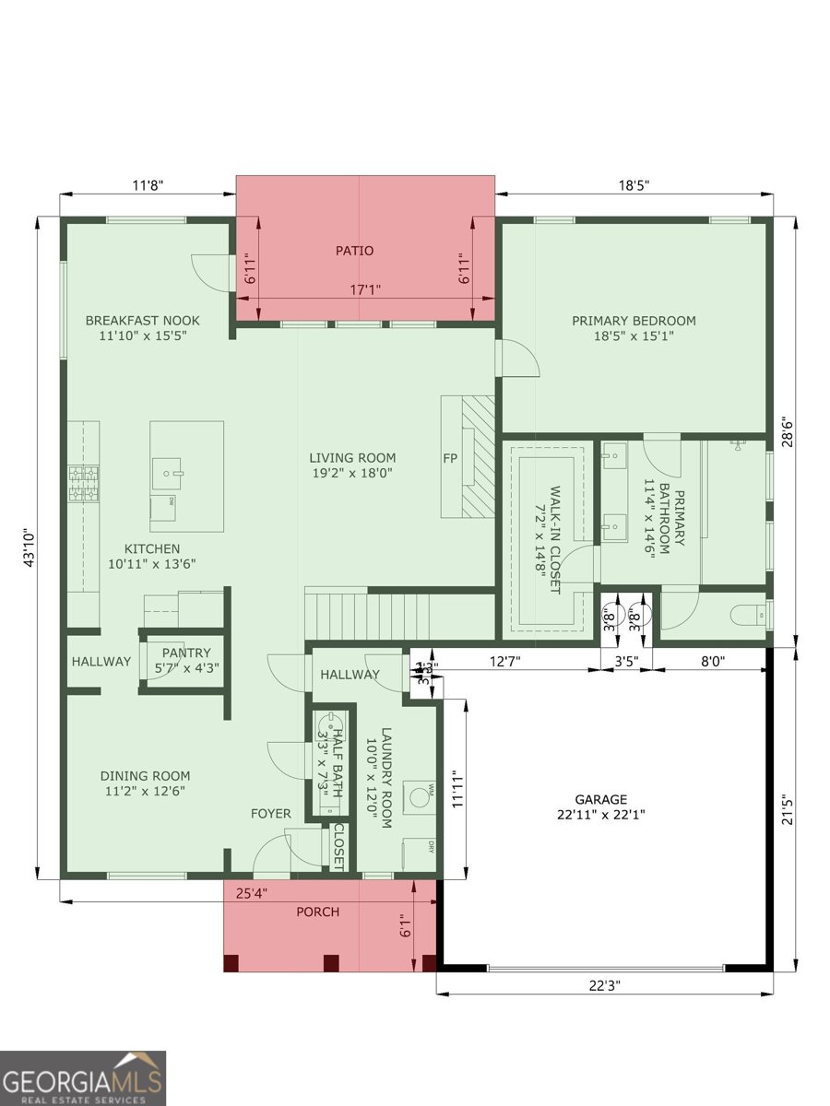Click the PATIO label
(354, 251)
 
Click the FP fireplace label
(451, 458)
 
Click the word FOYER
(271, 814)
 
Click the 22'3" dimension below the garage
(604, 985)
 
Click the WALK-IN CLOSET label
(555, 539)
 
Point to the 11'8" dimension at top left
(147, 185)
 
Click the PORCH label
(317, 912)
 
